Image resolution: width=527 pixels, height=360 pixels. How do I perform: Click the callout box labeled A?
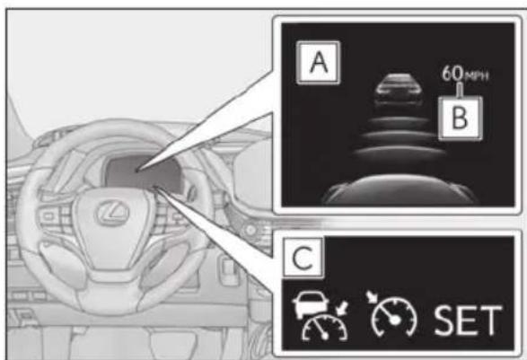tap(319, 63)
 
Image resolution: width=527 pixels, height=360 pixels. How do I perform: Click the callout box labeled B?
tap(461, 118)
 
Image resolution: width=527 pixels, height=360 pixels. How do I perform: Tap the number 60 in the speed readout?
tap(452, 73)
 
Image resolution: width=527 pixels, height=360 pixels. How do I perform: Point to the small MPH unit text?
tap(476, 76)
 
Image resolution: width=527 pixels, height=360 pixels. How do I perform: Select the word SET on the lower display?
tap(468, 320)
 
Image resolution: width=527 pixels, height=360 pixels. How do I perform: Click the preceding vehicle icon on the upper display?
tap(399, 90)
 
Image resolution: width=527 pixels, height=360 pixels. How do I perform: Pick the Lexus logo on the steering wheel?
tap(113, 212)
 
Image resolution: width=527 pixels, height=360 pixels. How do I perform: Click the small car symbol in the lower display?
tap(311, 303)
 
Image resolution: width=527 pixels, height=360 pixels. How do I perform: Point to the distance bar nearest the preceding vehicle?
tap(399, 122)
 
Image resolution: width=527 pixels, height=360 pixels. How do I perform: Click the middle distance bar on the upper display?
tap(400, 137)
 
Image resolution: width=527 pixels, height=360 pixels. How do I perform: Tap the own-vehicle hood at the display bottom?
tap(400, 190)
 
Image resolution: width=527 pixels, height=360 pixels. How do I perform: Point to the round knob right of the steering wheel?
tap(250, 230)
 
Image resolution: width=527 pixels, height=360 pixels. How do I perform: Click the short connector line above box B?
tap(460, 89)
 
